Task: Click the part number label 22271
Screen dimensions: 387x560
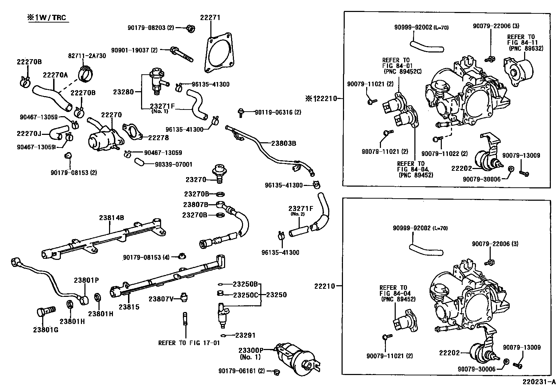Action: pos(210,18)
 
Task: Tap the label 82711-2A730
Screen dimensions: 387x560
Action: pos(87,56)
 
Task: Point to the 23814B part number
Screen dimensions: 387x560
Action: pos(111,218)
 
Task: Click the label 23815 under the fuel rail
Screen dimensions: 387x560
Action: pos(129,307)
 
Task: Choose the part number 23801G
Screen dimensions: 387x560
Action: pos(46,330)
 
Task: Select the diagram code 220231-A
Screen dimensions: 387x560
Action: pos(537,381)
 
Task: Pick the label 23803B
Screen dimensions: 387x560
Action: pos(284,143)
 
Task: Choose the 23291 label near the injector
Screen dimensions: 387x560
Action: pos(245,336)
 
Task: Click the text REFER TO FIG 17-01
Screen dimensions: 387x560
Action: pos(189,343)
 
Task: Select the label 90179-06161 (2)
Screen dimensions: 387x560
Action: pos(241,371)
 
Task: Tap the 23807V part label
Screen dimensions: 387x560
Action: pos(161,299)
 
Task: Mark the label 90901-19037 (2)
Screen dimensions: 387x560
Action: pos(134,50)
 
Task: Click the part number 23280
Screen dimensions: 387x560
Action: pos(123,92)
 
